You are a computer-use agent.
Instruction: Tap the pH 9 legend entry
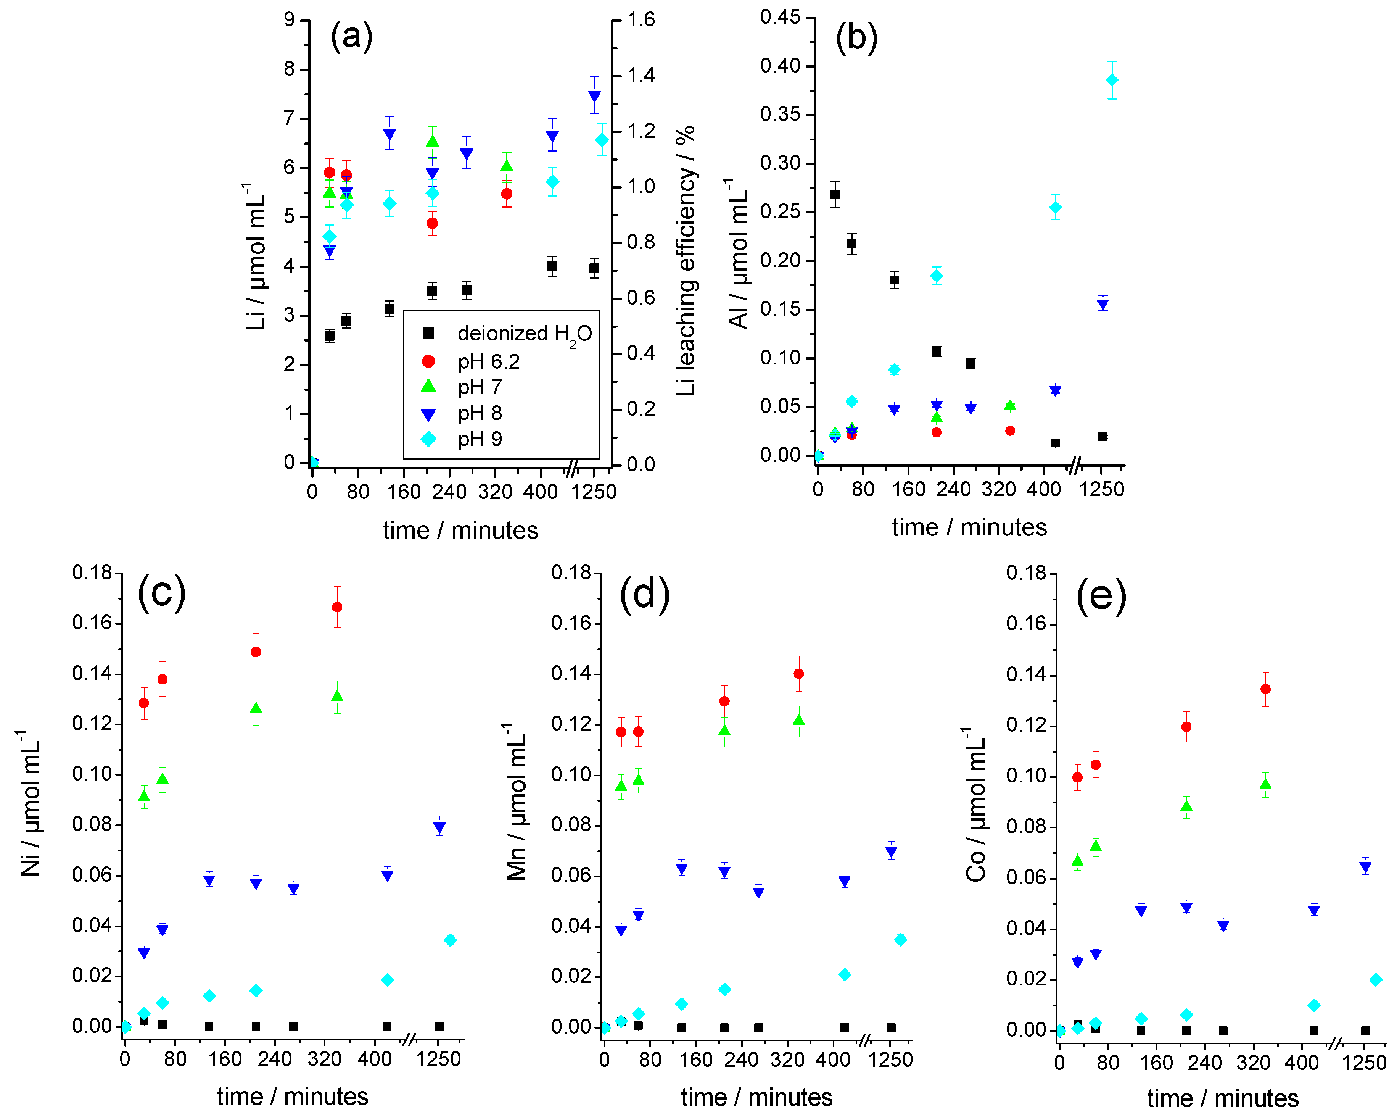click(480, 439)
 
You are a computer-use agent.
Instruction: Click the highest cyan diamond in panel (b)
click(1112, 80)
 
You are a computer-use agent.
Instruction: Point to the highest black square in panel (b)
click(835, 194)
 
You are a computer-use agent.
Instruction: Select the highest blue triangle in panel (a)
click(594, 97)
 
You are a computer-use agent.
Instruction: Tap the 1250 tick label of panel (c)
click(438, 1059)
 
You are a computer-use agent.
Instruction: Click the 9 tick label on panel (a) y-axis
click(289, 19)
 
